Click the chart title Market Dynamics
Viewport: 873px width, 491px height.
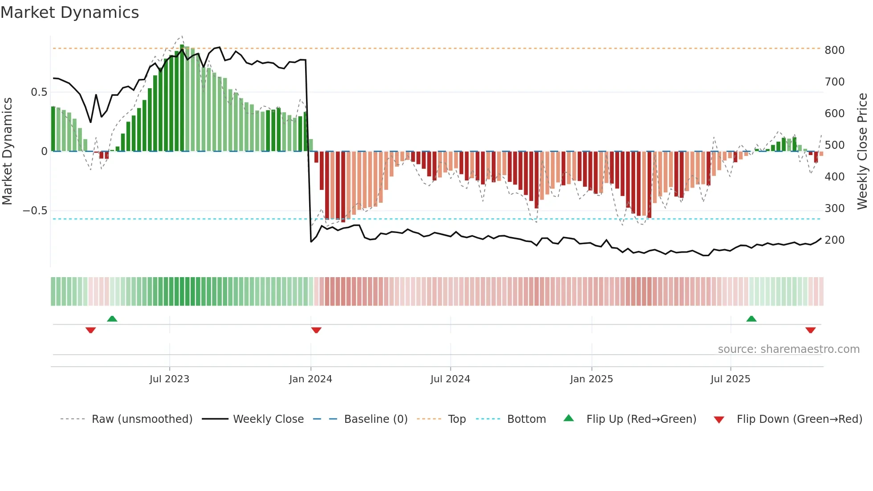(x=69, y=12)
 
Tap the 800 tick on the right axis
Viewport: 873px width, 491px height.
(x=834, y=50)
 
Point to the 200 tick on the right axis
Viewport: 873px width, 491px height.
(x=834, y=240)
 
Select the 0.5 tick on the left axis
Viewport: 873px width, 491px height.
(x=39, y=92)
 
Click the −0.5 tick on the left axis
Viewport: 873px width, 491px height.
(x=35, y=211)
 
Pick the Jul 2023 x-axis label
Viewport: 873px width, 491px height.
(x=169, y=379)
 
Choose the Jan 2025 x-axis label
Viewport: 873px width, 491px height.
(x=592, y=379)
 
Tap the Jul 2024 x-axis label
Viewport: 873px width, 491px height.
(x=450, y=379)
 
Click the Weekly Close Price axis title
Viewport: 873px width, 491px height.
(x=862, y=151)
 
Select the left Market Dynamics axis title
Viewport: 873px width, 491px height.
(x=7, y=151)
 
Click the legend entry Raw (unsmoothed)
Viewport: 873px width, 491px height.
(x=142, y=419)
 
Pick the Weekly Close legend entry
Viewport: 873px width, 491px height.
(x=268, y=419)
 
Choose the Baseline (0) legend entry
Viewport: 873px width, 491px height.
(x=375, y=419)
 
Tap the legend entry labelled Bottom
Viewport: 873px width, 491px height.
(x=526, y=419)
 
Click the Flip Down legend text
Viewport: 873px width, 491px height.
(x=799, y=419)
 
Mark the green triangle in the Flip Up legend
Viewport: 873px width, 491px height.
(x=569, y=418)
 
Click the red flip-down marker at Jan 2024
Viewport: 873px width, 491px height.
(x=316, y=330)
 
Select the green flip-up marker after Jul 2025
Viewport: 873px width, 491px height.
(x=751, y=319)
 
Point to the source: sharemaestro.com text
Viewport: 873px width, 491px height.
(x=788, y=349)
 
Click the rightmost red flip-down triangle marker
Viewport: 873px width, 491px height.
(x=811, y=330)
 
